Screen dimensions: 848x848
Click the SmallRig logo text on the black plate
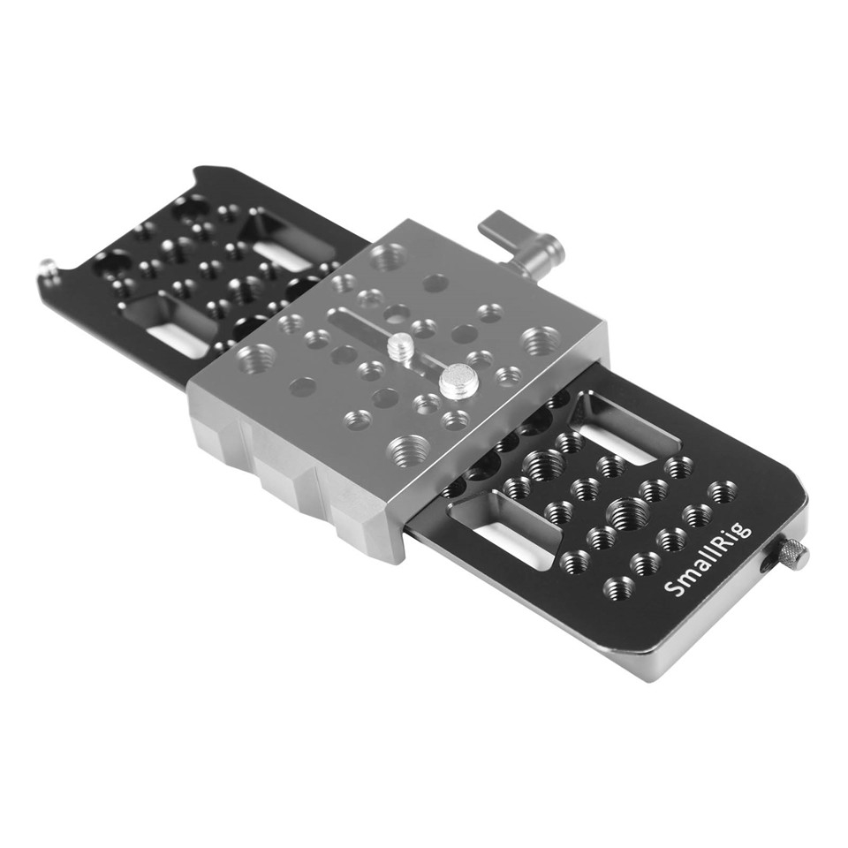709,558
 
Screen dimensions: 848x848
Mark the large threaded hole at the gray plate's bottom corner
406,446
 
